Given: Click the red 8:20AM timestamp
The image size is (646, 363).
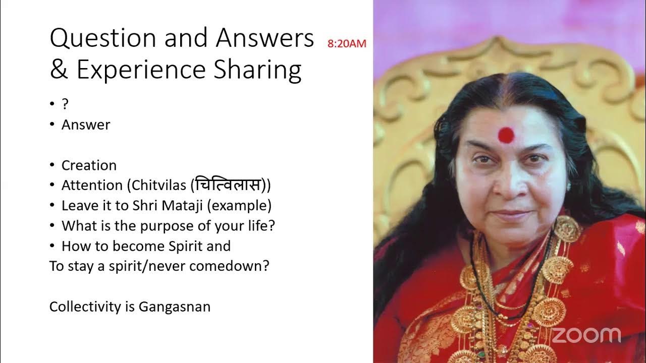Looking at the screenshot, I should click(347, 44).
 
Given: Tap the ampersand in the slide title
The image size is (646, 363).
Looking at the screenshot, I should click(59, 70).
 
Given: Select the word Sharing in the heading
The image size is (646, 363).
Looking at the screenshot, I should click(257, 71).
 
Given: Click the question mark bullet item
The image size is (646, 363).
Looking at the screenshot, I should click(65, 104).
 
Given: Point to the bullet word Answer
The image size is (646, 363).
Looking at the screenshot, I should click(86, 125).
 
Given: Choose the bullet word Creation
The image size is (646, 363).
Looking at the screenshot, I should click(89, 165).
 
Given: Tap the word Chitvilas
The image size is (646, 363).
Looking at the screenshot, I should click(160, 186).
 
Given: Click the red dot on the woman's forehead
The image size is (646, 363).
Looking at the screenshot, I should click(506, 134).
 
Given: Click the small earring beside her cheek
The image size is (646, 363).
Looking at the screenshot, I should click(568, 186).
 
